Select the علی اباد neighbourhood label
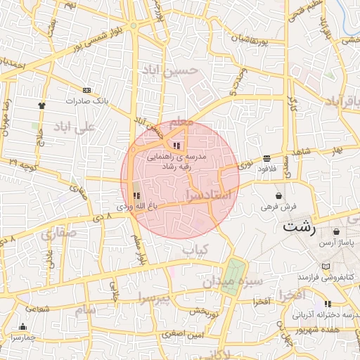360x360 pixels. point(73,128)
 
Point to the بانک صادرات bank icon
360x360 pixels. point(86,90)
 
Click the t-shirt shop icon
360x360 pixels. point(41,105)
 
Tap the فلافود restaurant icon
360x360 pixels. point(266,158)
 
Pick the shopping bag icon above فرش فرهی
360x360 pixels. point(279,195)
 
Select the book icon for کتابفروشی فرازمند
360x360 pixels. point(325,266)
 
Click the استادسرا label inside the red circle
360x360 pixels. point(209,193)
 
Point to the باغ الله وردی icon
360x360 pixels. point(136,195)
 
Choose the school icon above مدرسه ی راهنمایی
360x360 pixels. point(175,145)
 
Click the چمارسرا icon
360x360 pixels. point(22,326)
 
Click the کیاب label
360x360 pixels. point(195,250)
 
